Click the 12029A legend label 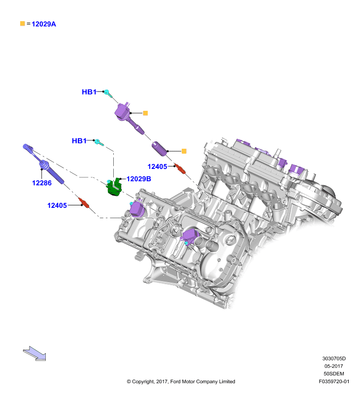click(x=44, y=24)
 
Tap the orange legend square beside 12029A click(x=23, y=24)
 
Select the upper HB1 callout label click(x=89, y=92)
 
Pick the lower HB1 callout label click(x=79, y=141)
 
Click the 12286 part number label click(x=42, y=183)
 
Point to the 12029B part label click(x=139, y=179)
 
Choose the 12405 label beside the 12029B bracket click(x=157, y=166)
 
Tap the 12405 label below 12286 click(x=57, y=205)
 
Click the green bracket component click(x=114, y=187)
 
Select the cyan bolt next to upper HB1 click(x=108, y=93)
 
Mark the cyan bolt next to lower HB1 click(x=98, y=142)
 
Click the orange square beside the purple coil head click(x=145, y=113)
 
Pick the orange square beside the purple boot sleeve click(x=184, y=151)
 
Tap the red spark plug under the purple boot click(x=180, y=168)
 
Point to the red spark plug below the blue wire click(x=84, y=203)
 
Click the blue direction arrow click(x=34, y=353)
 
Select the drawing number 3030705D click(x=334, y=359)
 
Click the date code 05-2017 click(x=333, y=366)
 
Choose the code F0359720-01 click(x=334, y=381)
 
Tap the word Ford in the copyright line click(x=175, y=381)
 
